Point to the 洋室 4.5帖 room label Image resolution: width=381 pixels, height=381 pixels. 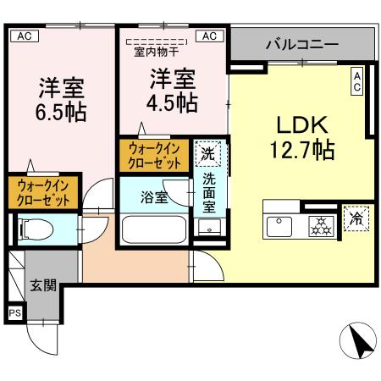174,91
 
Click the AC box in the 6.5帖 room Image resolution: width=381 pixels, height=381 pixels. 24,36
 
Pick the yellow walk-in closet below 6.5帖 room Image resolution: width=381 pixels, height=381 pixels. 42,191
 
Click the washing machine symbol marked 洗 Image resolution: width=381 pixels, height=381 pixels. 207,153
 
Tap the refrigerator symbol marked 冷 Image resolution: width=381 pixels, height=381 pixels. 356,218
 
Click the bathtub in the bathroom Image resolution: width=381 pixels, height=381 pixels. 152,229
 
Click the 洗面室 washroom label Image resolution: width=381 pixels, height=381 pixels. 208,191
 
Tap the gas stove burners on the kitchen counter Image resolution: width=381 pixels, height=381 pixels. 320,226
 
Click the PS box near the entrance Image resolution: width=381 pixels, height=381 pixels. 14,312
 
